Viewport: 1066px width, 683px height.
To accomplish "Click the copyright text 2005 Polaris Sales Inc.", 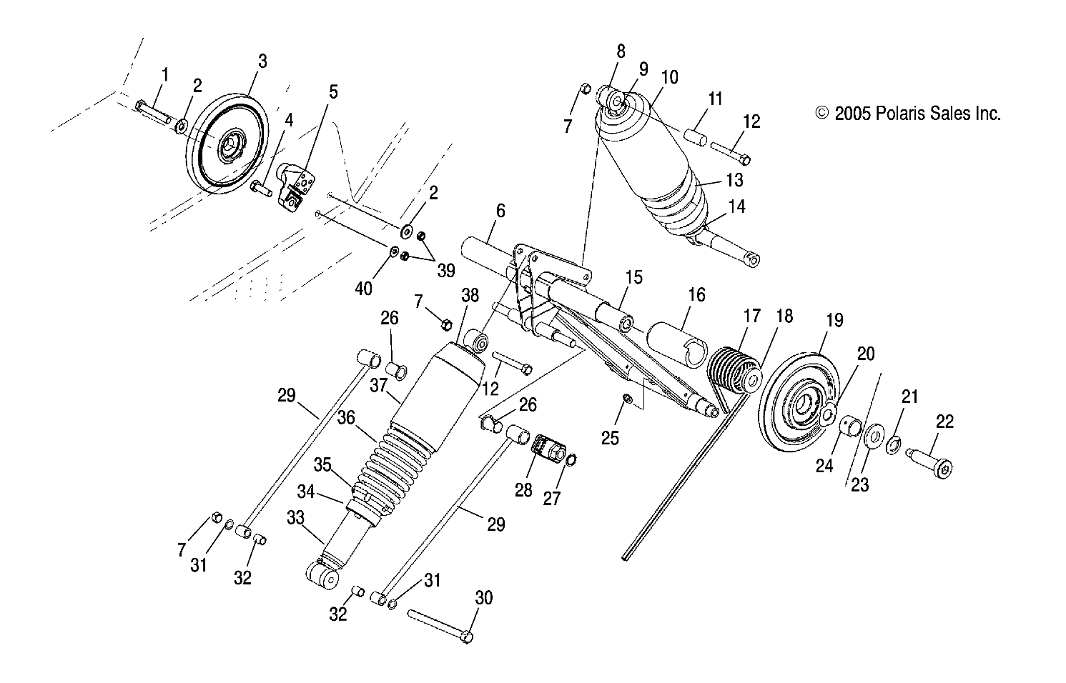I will click(908, 113).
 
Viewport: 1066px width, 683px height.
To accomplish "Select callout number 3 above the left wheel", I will click(262, 61).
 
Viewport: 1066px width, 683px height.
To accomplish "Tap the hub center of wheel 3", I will click(230, 147).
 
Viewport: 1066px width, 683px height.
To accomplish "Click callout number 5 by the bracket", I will click(334, 92).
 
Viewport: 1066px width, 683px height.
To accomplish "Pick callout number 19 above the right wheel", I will click(834, 321).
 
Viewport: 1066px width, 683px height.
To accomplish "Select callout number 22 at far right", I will click(944, 422).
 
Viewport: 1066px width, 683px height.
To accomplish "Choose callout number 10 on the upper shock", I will click(669, 77).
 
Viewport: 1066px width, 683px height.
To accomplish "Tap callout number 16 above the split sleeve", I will click(696, 295).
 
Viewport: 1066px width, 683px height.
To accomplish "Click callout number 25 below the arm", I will click(610, 438).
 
